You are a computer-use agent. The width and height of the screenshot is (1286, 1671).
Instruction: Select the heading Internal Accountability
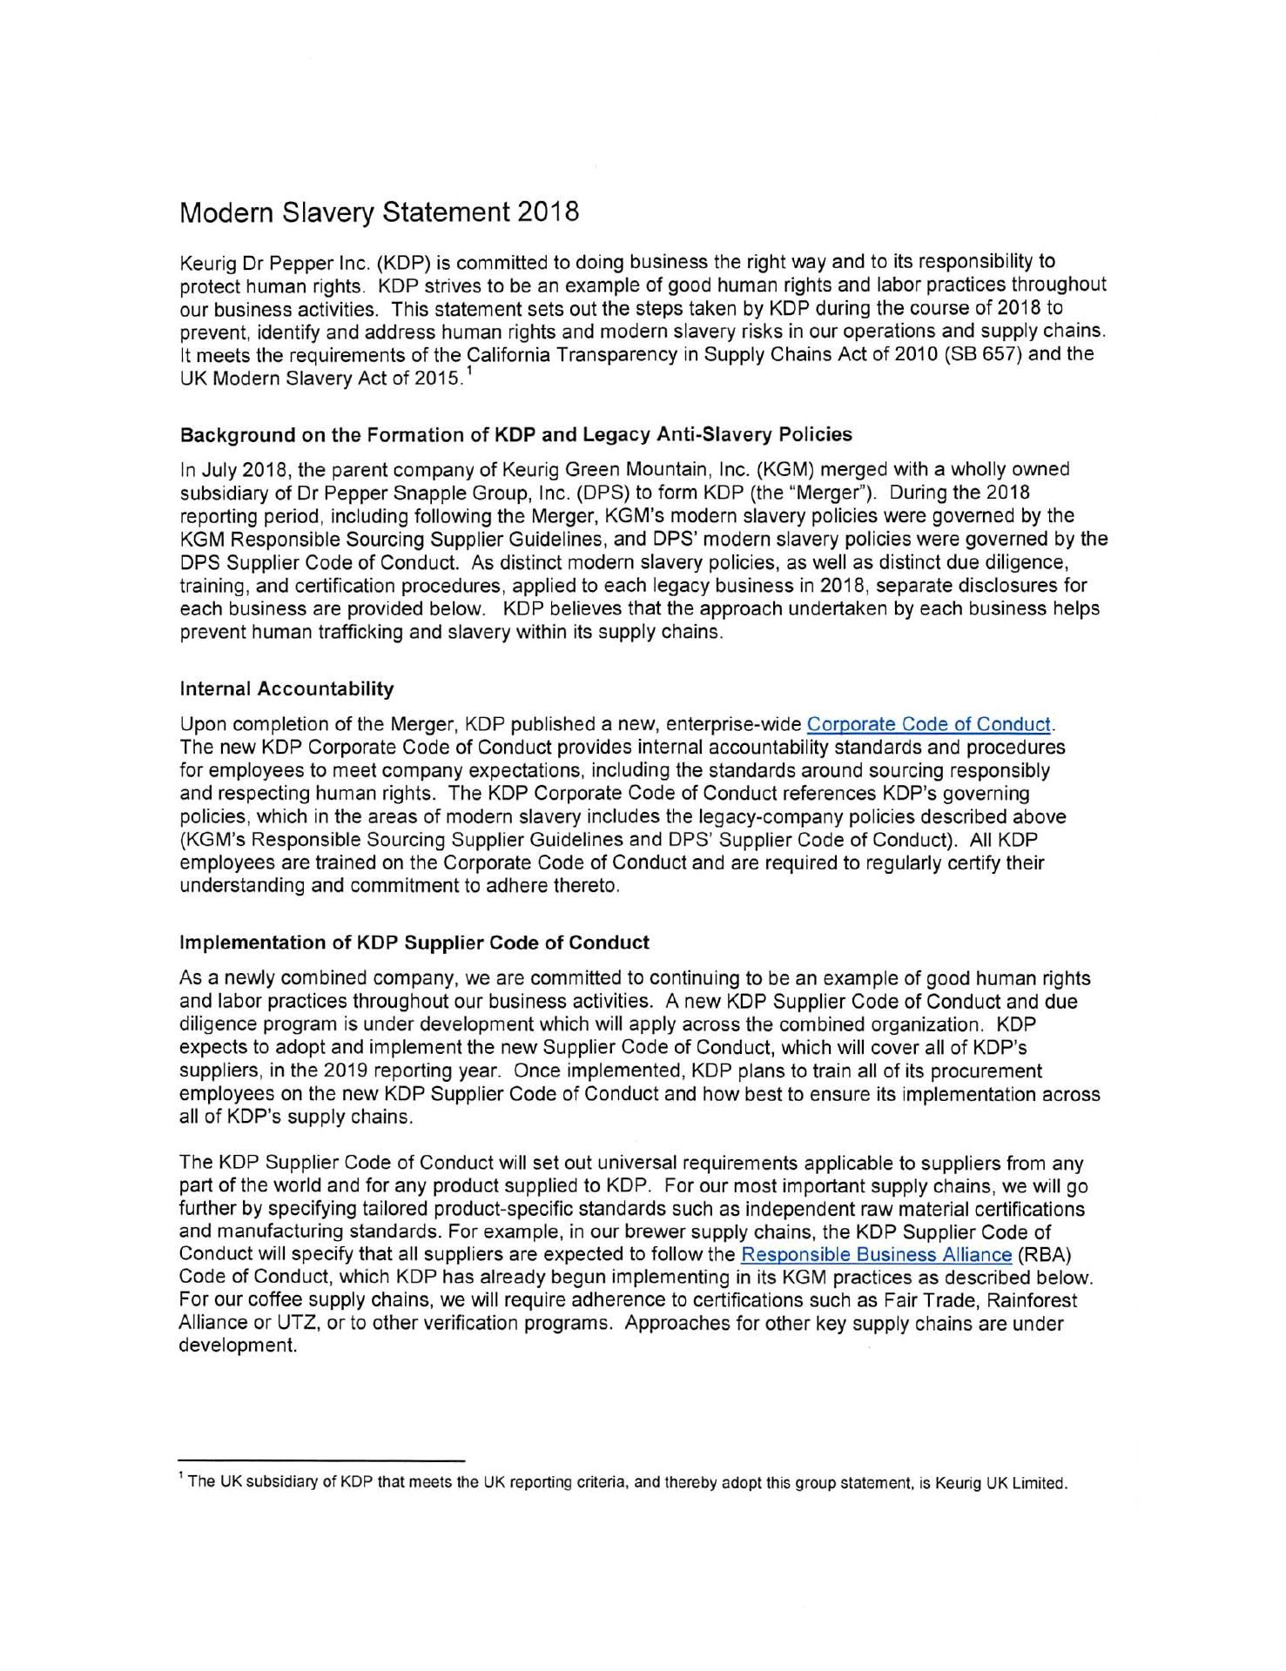pyautogui.click(x=286, y=689)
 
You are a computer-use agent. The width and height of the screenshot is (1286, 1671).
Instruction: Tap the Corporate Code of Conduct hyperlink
pyautogui.click(x=929, y=724)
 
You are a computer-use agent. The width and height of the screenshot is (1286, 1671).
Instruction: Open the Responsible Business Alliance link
pyautogui.click(x=876, y=1255)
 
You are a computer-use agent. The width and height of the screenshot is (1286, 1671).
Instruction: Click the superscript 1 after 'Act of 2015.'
pyautogui.click(x=468, y=373)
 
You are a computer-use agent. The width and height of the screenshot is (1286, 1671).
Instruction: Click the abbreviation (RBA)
pyautogui.click(x=1043, y=1255)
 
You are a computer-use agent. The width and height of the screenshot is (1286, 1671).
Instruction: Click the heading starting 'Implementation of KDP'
pyautogui.click(x=414, y=943)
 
